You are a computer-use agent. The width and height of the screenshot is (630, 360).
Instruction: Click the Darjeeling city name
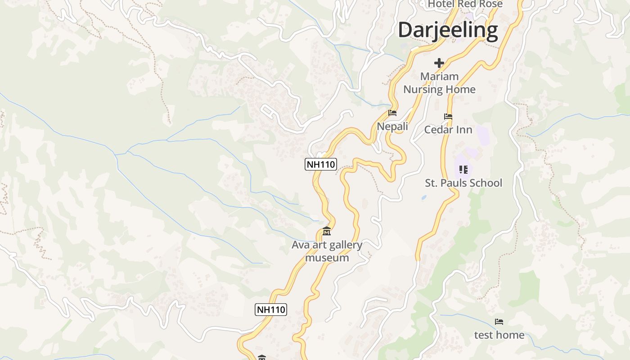[x=448, y=30]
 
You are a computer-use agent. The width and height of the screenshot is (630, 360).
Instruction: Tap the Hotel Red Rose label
[x=465, y=4]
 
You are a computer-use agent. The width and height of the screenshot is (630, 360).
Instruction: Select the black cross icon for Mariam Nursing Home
[x=439, y=63]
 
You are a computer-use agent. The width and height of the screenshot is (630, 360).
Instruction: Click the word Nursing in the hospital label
[x=423, y=89]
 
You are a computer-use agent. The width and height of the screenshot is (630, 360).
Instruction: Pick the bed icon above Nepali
[x=392, y=113]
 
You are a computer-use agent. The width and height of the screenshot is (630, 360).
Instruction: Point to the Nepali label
[x=392, y=126]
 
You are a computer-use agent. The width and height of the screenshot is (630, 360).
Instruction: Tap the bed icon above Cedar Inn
[x=448, y=117]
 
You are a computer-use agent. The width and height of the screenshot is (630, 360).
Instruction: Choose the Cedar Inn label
[x=448, y=130]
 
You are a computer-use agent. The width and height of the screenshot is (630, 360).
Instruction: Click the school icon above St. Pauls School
[x=463, y=170]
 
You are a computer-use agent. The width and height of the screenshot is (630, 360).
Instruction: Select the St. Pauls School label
[x=463, y=183]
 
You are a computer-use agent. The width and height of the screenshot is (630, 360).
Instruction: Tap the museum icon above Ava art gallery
[x=327, y=232]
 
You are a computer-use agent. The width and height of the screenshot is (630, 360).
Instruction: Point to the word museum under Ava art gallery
[x=327, y=258]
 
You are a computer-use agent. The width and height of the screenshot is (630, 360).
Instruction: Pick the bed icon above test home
[x=499, y=322]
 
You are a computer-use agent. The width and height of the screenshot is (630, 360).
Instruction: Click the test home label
[x=499, y=335]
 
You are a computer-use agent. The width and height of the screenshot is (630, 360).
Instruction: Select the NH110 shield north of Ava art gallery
[x=321, y=164]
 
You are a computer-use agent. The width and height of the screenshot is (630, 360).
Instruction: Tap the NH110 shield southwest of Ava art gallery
[x=271, y=310]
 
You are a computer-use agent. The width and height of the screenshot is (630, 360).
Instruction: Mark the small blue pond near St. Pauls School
[x=424, y=198]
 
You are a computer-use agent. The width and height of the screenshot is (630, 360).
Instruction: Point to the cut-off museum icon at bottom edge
[x=262, y=358]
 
